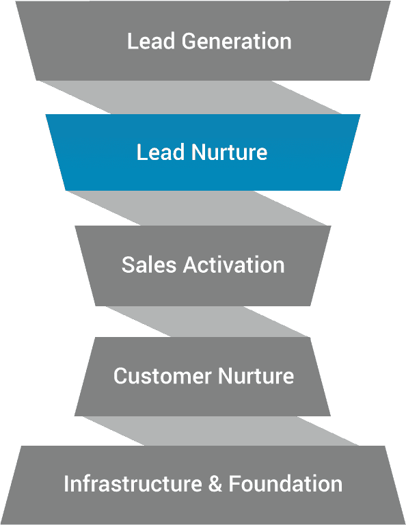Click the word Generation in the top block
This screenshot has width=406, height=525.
(x=236, y=41)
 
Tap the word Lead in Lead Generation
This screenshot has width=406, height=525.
(x=151, y=41)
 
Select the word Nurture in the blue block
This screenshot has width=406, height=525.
(x=229, y=152)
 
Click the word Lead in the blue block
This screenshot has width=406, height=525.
(x=161, y=152)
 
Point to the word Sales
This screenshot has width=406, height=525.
(x=148, y=265)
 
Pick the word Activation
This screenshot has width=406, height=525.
(x=234, y=265)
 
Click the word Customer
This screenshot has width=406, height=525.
(x=163, y=376)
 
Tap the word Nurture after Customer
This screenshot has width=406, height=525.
(x=256, y=376)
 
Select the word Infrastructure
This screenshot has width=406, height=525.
(x=133, y=484)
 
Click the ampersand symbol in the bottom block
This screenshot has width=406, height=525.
(x=215, y=484)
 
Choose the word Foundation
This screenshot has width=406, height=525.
(x=286, y=484)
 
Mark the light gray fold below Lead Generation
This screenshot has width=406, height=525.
(x=191, y=98)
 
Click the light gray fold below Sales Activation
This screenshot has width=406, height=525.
(x=207, y=321)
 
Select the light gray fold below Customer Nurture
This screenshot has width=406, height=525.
(x=221, y=431)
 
